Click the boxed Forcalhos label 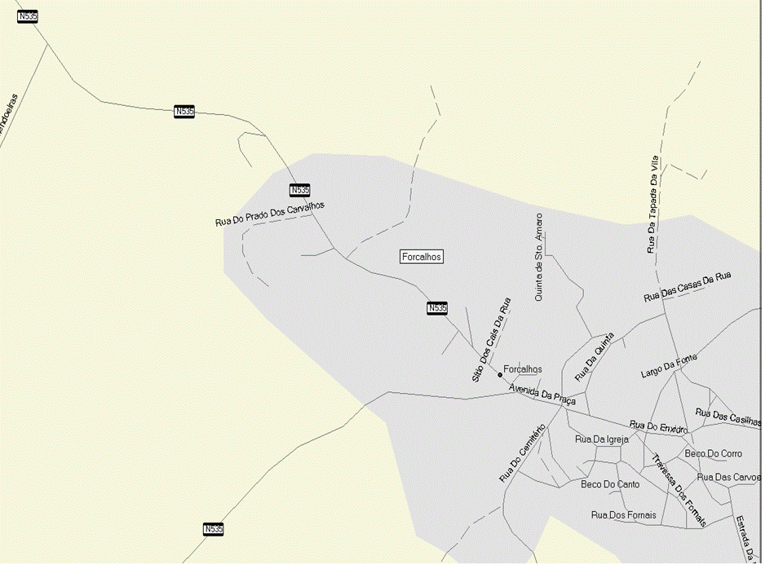[422, 257]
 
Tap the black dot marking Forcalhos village [499, 375]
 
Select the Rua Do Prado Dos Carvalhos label [270, 214]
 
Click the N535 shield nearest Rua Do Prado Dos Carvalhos [299, 190]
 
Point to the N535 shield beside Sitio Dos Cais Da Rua [437, 307]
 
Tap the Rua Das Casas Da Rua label [687, 287]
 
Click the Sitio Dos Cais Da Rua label [491, 340]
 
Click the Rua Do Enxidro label [660, 427]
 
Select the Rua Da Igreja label [602, 439]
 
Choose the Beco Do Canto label [610, 484]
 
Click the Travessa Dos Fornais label [679, 489]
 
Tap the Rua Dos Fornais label [623, 515]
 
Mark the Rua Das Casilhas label [728, 417]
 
